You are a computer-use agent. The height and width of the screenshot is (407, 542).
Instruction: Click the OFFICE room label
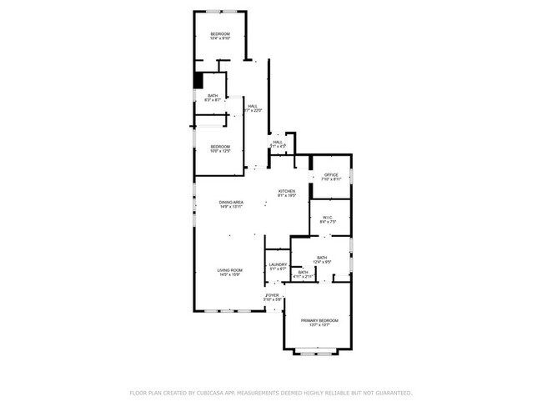(331, 174)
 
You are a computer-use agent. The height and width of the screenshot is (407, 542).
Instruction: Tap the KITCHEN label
(287, 191)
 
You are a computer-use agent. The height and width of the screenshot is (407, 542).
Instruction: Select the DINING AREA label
(231, 202)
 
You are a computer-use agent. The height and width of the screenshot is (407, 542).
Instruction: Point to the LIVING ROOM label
(230, 270)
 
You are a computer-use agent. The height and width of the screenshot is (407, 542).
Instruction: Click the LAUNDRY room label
(278, 265)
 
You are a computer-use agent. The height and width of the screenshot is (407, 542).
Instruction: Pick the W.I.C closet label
(328, 217)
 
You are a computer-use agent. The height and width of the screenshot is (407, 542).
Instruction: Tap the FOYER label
(273, 295)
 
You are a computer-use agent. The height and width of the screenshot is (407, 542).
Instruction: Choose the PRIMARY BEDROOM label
(320, 320)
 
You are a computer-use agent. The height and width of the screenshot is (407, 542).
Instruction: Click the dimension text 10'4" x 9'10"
(220, 38)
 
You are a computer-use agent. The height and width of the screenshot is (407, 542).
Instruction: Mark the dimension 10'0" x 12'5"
(219, 151)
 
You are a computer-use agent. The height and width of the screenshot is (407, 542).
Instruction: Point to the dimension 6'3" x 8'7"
(213, 100)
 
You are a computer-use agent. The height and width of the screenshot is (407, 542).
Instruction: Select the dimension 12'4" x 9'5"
(322, 262)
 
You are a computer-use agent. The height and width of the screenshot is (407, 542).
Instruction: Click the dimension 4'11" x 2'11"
(304, 276)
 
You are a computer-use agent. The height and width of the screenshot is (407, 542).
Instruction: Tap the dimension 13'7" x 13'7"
(320, 325)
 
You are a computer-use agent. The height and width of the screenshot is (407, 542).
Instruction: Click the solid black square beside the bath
(198, 80)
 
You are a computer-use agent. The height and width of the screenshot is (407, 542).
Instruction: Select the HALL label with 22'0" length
(252, 106)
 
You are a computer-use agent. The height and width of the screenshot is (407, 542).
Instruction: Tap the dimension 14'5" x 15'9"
(230, 275)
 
